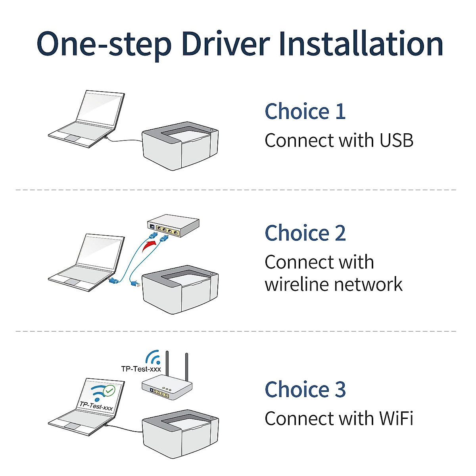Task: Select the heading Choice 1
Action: point(305,111)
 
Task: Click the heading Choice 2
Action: point(305,233)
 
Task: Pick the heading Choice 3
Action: point(305,390)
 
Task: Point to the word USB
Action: point(396,140)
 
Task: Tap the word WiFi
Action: point(396,418)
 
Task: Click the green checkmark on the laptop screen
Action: point(109,390)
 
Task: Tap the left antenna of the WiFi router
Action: point(167,365)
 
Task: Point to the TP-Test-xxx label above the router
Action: point(141,369)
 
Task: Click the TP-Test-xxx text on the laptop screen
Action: point(96,406)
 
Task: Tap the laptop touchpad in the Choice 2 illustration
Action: point(72,282)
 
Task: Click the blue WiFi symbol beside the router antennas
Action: point(153,357)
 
